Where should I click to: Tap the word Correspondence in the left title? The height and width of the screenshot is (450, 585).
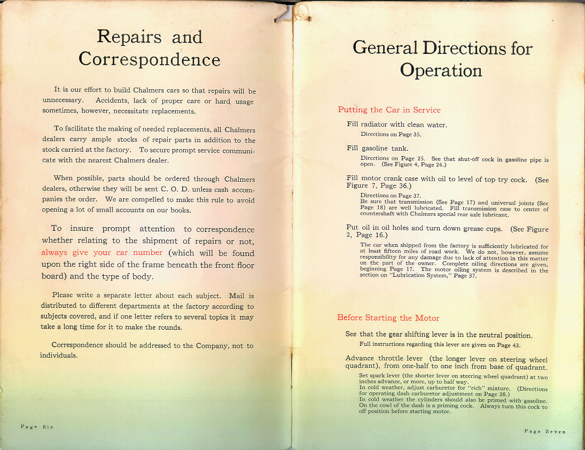coord(150,59)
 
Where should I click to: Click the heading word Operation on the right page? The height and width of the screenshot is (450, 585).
coord(441,71)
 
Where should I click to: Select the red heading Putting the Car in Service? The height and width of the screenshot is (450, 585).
coord(389,110)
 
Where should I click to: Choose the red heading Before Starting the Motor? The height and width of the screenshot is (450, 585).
coord(389,317)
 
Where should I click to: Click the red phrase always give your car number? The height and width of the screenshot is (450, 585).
coord(102,253)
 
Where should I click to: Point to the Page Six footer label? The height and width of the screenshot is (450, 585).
coord(37,426)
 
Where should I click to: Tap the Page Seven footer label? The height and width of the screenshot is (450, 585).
coord(545,431)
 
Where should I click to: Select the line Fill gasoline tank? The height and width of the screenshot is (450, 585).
coord(377,148)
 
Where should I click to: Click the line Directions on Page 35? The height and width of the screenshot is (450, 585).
coord(391,134)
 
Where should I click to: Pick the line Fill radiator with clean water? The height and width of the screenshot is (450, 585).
coord(396,125)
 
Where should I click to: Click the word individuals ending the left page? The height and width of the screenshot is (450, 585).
coord(59,355)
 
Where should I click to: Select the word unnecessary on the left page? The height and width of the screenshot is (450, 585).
coord(63,100)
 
